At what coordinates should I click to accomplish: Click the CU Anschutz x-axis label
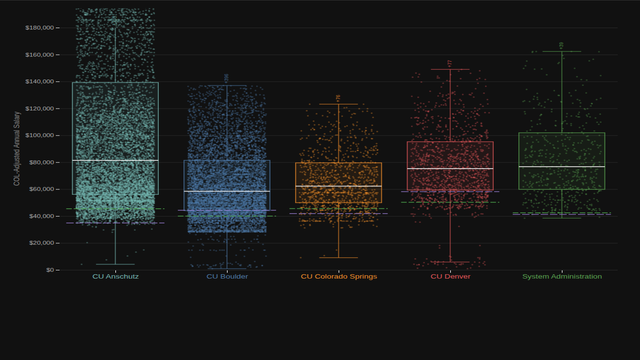coord(115,277)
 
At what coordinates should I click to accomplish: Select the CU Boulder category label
coord(227,277)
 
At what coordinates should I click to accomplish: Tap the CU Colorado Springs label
coord(338,277)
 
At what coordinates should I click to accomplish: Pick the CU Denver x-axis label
coord(450,277)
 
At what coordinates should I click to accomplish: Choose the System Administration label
coord(562,277)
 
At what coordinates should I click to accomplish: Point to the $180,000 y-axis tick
coord(43,27)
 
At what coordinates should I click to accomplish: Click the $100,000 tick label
coord(43,135)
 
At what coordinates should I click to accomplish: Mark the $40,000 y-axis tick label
coord(45,216)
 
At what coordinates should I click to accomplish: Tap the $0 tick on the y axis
coord(53,270)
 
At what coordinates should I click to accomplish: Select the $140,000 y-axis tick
coord(43,81)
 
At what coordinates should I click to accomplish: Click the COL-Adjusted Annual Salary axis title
coord(17,148)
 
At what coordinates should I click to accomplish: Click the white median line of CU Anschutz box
coord(115,160)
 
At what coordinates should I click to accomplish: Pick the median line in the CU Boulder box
coord(227,191)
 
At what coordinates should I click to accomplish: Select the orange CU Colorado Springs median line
coord(338,186)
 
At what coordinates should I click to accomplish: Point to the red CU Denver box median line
coord(450,168)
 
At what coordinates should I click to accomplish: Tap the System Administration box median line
coord(562,166)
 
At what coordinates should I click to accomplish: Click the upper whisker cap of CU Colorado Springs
coord(338,104)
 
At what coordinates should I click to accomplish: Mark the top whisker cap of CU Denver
coord(450,69)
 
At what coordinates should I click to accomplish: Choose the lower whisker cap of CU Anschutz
coord(115,264)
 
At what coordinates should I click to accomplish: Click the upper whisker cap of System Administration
coord(562,50)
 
